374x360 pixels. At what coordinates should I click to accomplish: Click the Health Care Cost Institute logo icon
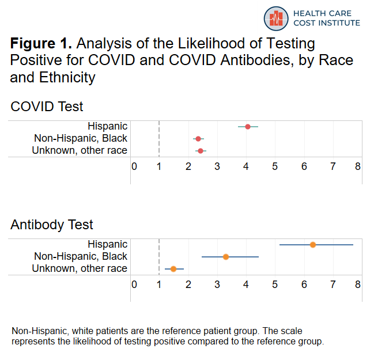point(276,18)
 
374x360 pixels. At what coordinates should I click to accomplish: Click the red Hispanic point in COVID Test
point(248,127)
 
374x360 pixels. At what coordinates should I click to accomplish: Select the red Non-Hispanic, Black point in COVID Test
point(198,139)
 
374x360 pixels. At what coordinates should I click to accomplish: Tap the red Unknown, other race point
point(201,151)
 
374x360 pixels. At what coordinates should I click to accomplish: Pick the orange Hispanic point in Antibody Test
point(313,245)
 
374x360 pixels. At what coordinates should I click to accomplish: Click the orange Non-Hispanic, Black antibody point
point(226,257)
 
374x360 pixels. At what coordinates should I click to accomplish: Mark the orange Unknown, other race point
point(173,269)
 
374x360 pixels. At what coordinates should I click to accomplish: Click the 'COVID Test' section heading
point(47,107)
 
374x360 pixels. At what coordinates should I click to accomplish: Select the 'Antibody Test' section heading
point(52,225)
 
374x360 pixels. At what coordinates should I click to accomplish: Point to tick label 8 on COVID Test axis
point(358,166)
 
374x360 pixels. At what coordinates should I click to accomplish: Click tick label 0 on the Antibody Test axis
point(134,284)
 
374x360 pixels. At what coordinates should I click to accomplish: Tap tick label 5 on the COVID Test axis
point(275,166)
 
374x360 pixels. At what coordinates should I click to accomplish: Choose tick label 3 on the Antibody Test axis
point(217,284)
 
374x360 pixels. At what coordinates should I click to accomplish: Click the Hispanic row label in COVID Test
point(107,126)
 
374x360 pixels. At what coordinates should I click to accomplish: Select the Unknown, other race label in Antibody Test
point(80,268)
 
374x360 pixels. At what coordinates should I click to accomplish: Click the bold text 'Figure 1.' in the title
point(41,44)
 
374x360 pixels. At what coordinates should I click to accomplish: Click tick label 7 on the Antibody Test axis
point(333,284)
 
